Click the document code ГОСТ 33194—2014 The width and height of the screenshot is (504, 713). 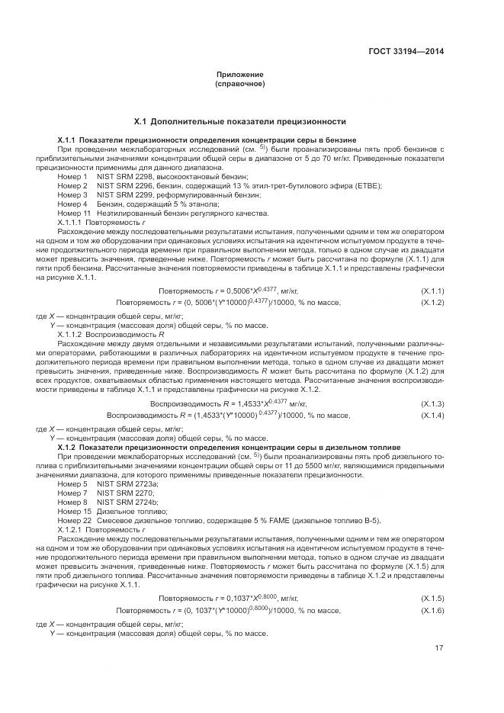click(406, 51)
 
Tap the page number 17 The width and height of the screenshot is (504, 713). click(439, 649)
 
